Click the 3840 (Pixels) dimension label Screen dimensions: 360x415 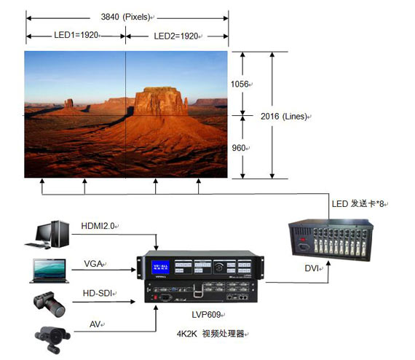coord(127,17)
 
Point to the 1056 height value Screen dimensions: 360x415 coord(239,85)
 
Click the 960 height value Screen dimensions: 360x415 coord(239,147)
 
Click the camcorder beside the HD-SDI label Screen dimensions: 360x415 coord(48,302)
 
